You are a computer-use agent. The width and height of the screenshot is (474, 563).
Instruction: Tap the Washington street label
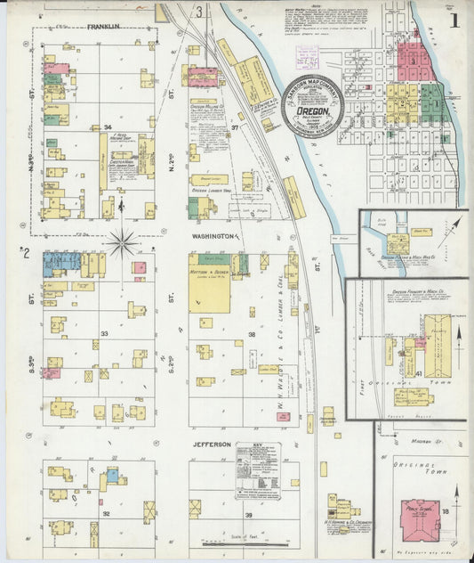click(212, 236)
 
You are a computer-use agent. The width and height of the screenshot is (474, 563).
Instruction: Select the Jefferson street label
click(212, 444)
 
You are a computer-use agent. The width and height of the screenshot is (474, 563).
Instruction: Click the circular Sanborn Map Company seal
click(312, 110)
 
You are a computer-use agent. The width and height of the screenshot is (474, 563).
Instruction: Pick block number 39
click(249, 515)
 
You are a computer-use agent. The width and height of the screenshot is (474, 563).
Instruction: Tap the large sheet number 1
click(454, 19)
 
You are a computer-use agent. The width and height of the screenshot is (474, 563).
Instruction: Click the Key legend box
click(258, 469)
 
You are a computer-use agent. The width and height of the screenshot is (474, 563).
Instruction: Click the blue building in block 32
click(113, 476)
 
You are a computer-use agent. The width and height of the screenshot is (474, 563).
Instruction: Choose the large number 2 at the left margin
click(27, 253)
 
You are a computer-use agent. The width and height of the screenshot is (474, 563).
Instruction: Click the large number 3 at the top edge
click(199, 12)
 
